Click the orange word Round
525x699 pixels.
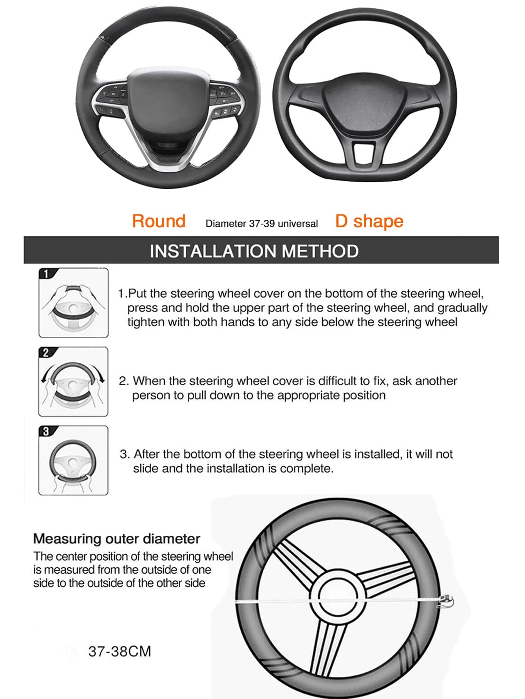(x=159, y=221)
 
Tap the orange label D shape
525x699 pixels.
(x=369, y=222)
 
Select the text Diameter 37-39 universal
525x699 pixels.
(x=262, y=224)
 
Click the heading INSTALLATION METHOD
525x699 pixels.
(x=254, y=251)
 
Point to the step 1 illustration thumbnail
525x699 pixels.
(x=74, y=303)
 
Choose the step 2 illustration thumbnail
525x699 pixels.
(x=73, y=382)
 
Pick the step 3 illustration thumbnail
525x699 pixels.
(x=73, y=461)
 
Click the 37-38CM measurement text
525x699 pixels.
(x=120, y=652)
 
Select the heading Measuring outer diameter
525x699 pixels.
(x=117, y=539)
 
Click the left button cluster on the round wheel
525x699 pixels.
(x=110, y=101)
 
